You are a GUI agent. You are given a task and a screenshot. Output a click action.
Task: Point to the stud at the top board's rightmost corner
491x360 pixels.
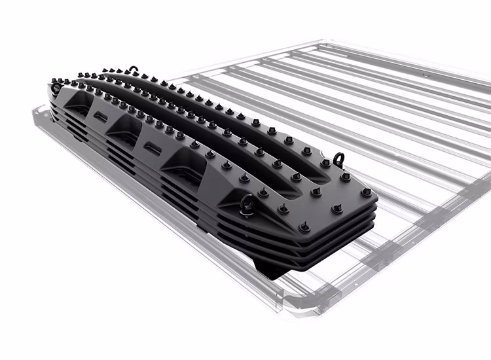tap(366, 192)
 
